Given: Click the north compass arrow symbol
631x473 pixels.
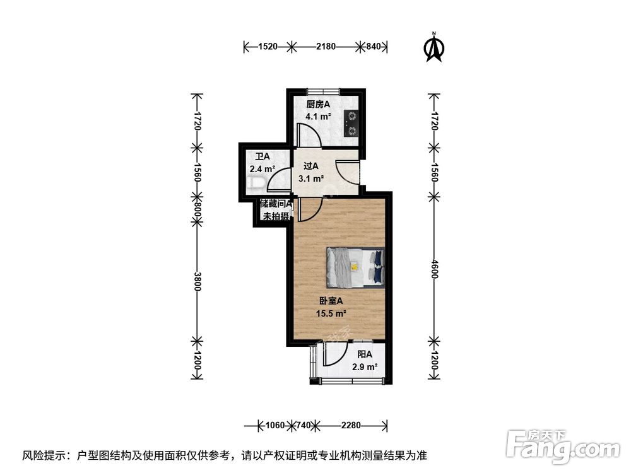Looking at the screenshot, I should [433, 48].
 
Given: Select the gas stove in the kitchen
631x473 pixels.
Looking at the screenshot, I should [351, 123].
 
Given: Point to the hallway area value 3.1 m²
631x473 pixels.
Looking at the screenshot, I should [311, 178].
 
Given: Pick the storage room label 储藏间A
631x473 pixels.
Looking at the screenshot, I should [276, 204].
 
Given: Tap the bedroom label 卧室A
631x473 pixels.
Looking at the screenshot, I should [329, 301].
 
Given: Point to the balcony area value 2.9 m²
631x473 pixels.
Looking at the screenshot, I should [364, 367].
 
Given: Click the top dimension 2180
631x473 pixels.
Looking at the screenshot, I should [326, 46].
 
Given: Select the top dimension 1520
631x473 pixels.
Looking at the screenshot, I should [268, 46].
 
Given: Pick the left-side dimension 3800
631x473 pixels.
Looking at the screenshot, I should [198, 281].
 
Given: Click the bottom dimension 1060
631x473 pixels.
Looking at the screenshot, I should [274, 425].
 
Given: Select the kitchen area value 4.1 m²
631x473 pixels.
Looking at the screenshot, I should [319, 117].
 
